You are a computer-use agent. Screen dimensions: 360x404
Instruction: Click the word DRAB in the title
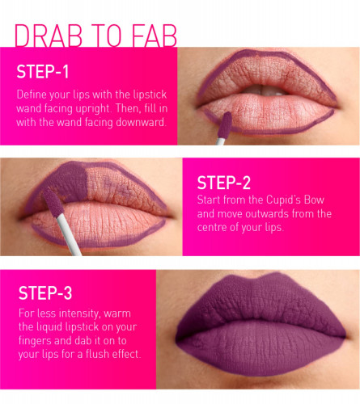click(49, 36)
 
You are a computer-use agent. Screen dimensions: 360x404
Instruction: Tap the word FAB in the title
click(155, 36)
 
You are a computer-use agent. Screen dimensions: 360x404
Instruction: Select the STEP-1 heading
click(43, 72)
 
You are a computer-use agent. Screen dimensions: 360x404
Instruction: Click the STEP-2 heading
click(224, 183)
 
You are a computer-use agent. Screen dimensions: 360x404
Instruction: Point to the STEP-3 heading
click(45, 293)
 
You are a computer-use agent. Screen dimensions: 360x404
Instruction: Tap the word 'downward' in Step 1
click(141, 123)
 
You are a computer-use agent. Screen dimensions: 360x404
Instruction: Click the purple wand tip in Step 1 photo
click(225, 125)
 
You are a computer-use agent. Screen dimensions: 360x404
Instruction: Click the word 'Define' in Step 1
click(30, 95)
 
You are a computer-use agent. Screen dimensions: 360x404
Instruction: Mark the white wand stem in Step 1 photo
click(221, 141)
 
